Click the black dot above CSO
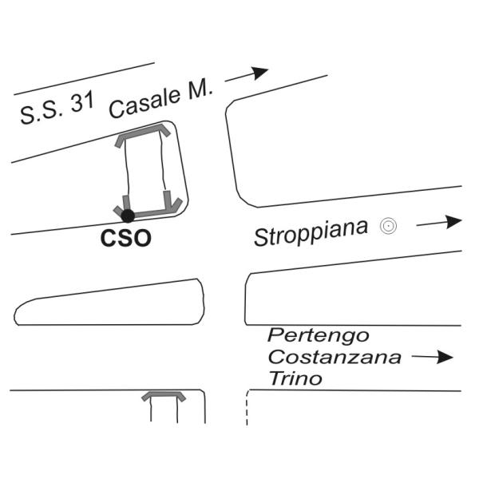point(128,216)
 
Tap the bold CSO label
point(125,238)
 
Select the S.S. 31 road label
point(57,108)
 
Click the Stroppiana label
point(311,232)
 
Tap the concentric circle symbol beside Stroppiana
point(388,226)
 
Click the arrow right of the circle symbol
point(439,223)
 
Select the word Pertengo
point(319,335)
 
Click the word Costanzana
point(335,357)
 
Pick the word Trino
point(295,378)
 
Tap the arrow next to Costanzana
point(432,357)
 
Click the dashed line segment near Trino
point(247,406)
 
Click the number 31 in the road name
point(82,101)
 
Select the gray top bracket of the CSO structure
point(143,133)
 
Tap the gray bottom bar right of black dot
point(151,213)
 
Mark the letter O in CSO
point(142,238)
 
